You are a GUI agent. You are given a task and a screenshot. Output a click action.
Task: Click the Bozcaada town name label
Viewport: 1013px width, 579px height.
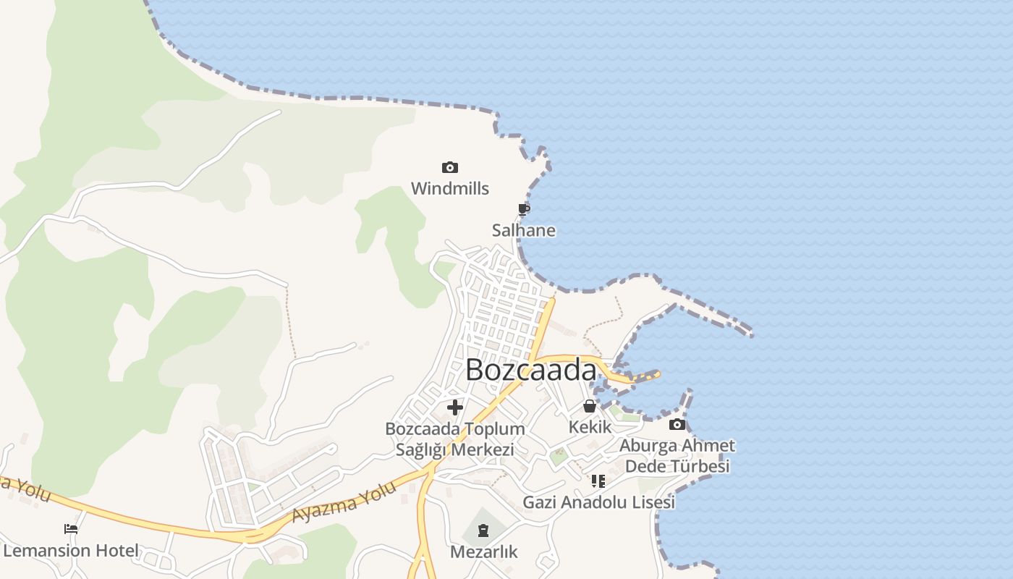530,370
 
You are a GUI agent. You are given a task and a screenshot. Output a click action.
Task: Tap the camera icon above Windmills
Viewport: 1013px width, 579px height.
450,168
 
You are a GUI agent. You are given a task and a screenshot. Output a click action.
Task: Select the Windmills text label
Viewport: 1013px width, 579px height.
450,189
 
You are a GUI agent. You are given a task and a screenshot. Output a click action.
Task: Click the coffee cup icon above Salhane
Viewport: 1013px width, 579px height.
524,210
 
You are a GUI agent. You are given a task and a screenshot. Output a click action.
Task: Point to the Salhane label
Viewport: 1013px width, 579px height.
524,231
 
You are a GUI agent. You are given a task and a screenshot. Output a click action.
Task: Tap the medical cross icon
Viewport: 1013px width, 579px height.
455,407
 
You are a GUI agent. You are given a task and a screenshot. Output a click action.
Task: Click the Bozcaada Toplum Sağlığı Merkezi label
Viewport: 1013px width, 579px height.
455,439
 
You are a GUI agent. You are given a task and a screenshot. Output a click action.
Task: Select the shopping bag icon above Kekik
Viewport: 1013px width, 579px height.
590,406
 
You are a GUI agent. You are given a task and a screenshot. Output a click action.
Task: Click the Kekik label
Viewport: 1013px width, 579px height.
590,427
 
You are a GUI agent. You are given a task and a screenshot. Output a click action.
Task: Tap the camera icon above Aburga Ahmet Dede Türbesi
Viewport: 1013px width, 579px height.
677,425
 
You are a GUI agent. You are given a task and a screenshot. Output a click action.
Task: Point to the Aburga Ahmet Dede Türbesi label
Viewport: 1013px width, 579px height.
677,455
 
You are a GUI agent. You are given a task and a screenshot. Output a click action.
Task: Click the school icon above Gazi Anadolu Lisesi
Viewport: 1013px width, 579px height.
598,481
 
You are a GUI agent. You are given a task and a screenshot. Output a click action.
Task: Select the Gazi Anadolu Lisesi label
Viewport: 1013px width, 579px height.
598,502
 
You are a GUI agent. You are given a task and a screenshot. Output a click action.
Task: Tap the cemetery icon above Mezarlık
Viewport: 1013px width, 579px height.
483,531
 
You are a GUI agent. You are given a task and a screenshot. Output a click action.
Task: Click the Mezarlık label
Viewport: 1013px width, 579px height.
484,552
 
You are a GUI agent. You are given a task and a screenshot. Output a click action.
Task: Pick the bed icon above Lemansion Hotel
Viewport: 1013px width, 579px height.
71,529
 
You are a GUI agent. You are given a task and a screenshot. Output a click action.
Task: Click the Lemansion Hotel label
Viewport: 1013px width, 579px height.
71,551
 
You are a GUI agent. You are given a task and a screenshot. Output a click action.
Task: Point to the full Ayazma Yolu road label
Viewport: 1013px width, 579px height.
345,502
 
